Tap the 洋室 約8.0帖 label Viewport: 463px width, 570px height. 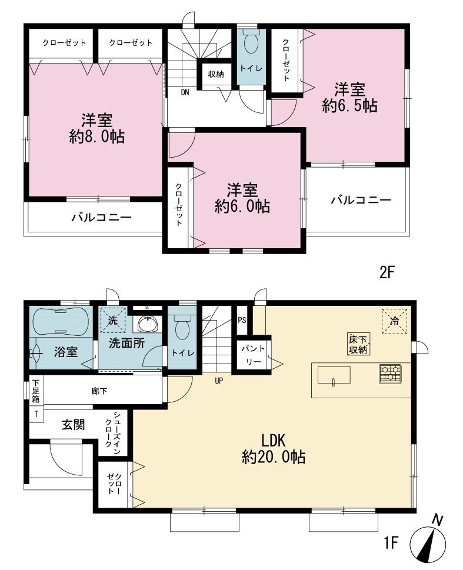tap(96, 128)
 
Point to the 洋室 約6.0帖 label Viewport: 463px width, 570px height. tap(242, 198)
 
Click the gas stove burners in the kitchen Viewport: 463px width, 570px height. tap(390, 374)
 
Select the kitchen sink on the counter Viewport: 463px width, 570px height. tap(334, 375)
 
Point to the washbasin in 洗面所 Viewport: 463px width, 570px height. tap(148, 324)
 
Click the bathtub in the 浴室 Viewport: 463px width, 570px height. tap(61, 322)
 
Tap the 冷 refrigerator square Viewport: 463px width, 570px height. tap(395, 321)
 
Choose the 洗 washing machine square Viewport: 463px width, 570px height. tap(113, 320)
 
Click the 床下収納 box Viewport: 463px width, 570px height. tap(358, 345)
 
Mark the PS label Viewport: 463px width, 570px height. tap(242, 320)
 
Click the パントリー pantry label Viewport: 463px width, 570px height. tap(253, 355)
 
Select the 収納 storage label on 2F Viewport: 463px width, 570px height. tap(216, 74)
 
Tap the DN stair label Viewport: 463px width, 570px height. tap(185, 92)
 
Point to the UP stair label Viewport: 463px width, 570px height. tap(219, 381)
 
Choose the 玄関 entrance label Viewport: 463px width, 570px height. tap(74, 425)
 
